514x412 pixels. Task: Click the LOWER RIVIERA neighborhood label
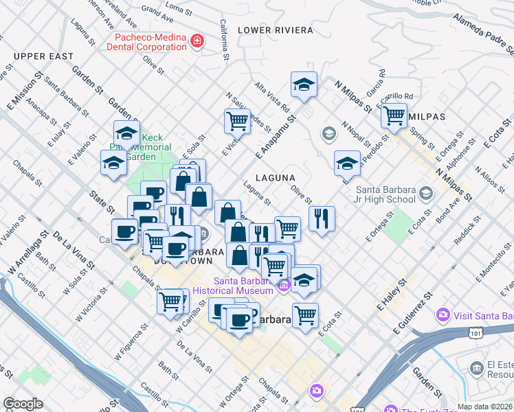tap(275, 30)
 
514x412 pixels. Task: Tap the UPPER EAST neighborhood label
tap(43, 56)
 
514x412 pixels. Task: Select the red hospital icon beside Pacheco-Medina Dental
tap(197, 41)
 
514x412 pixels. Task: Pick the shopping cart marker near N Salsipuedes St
tap(237, 121)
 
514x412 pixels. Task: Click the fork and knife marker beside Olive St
tap(322, 218)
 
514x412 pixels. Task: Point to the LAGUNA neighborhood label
tap(275, 178)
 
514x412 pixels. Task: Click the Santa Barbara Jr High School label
tap(385, 194)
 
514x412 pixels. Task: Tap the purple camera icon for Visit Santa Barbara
tap(443, 316)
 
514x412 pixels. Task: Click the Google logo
tap(23, 403)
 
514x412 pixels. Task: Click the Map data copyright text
tap(485, 407)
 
